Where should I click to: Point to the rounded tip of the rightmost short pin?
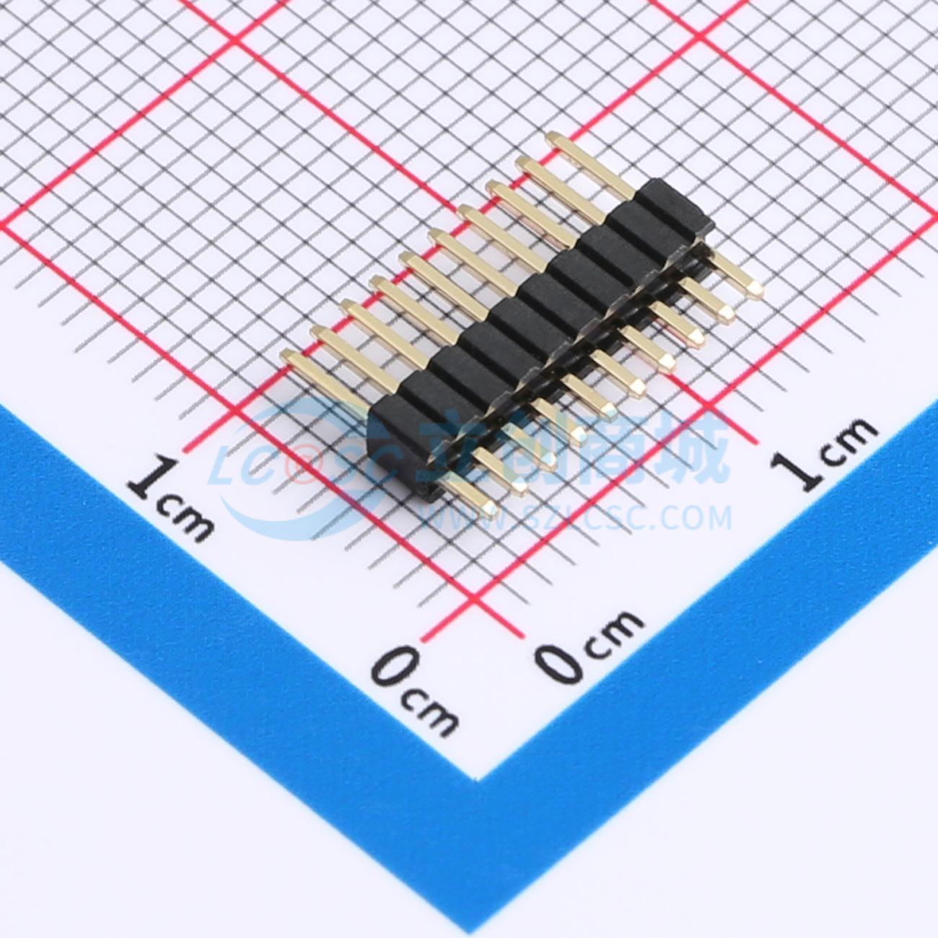tap(758, 289)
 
